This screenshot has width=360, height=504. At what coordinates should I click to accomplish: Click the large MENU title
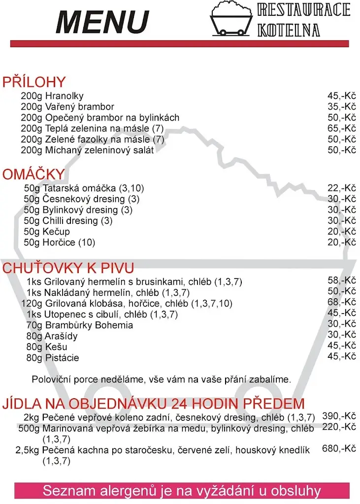[102, 22]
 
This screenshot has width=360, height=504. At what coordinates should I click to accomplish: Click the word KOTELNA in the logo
[289, 30]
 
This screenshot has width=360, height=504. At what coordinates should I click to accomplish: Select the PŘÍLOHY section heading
[34, 82]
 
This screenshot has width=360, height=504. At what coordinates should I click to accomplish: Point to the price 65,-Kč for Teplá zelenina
[342, 128]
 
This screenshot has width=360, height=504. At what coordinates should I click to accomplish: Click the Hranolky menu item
[65, 96]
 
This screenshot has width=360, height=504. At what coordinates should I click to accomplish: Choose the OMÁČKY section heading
[33, 174]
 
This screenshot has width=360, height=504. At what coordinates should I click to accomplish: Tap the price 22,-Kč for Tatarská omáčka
[342, 188]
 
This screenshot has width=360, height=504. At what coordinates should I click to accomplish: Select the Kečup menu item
[56, 231]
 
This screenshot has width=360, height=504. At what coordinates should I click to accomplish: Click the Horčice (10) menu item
[69, 242]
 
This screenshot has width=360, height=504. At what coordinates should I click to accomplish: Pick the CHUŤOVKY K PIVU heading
[68, 268]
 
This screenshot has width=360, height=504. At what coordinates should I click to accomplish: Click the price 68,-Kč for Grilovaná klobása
[342, 302]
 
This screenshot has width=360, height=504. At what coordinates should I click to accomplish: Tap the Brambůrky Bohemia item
[89, 325]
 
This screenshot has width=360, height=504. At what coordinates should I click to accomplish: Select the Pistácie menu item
[62, 358]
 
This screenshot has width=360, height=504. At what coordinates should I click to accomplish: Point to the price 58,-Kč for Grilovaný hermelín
[342, 281]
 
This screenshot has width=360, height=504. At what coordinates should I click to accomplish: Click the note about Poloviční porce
[162, 379]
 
